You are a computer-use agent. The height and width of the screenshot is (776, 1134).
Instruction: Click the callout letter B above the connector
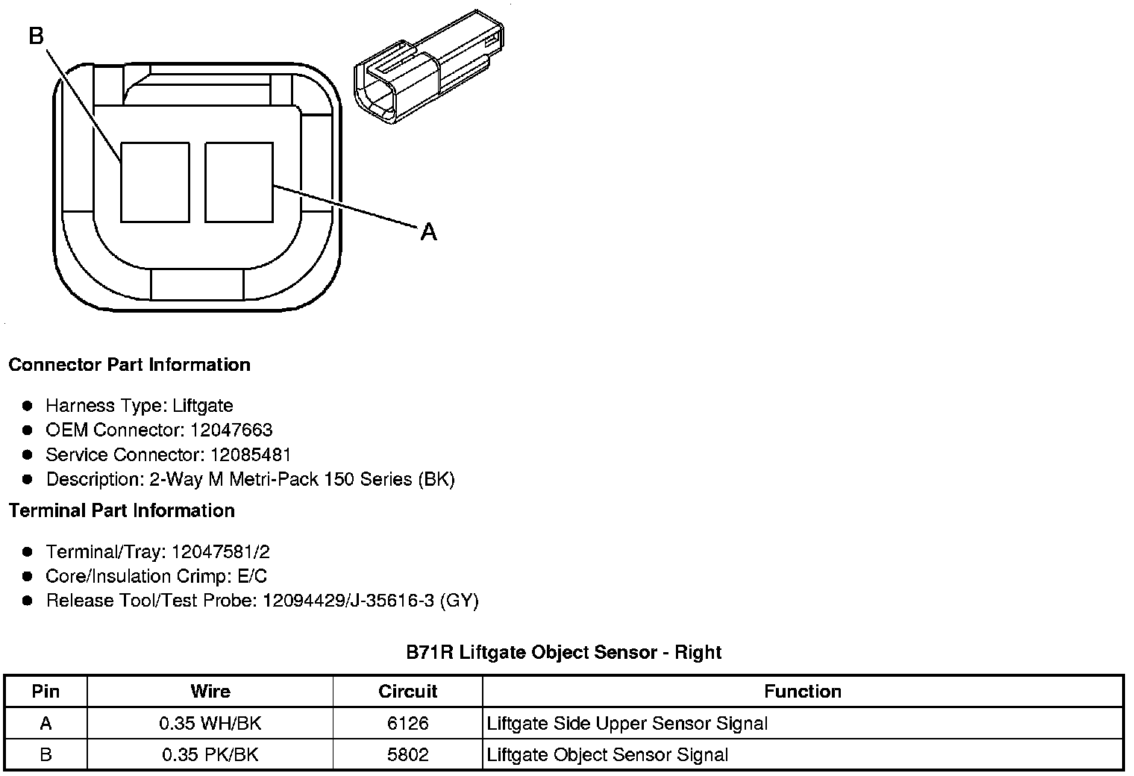pos(36,35)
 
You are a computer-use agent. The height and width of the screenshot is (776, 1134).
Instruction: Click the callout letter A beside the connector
pos(428,232)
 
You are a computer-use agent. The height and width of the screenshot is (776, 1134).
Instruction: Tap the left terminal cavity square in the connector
pos(154,183)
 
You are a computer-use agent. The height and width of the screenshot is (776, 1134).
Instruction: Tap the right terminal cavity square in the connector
pos(239,183)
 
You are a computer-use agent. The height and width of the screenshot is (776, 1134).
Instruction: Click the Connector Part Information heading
pos(129,365)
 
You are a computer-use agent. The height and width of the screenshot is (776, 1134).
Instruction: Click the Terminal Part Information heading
pos(122,510)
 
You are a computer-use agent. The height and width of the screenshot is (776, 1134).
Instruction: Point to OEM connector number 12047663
pos(231,430)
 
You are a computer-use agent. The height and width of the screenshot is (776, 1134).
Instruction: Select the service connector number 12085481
pos(251,454)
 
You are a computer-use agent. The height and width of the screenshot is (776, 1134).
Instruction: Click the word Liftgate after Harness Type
pos(202,405)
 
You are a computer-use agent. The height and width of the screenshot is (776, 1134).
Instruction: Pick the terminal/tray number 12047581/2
pos(220,552)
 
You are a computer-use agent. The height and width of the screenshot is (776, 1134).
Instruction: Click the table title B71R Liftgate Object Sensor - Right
pos(563,652)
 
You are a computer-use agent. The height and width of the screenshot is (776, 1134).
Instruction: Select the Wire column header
pos(210,691)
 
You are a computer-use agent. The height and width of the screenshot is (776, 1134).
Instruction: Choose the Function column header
pos(802,691)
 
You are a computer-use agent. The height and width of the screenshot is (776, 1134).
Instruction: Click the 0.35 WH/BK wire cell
pos(210,723)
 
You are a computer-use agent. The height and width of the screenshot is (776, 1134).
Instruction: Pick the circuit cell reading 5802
pos(408,754)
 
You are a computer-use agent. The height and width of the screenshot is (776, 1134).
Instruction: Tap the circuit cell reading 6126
pos(408,723)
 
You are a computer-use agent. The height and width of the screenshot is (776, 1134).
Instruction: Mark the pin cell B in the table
pos(46,754)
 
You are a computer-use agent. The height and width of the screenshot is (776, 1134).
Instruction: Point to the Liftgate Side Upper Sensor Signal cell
pos(627,723)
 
